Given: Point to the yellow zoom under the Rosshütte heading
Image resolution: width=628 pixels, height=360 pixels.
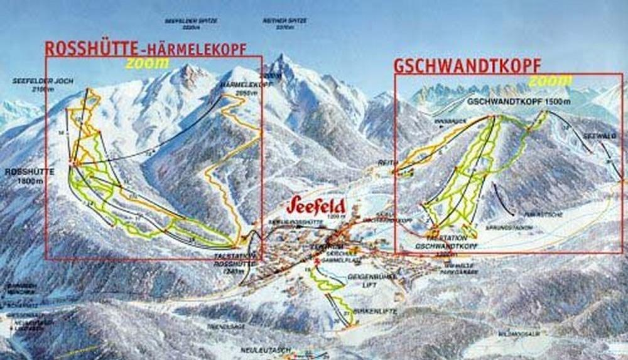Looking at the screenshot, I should tap(147, 63).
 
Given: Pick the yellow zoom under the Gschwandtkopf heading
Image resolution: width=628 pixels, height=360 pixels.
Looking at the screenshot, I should tap(550, 81).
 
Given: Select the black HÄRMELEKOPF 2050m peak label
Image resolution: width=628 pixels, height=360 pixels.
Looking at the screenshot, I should tap(241, 88).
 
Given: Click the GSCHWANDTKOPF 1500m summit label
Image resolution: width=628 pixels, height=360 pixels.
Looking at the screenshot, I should tap(519, 102).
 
